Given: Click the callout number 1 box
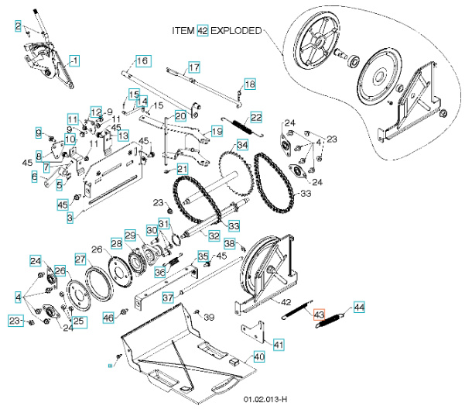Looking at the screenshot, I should tap(74, 60).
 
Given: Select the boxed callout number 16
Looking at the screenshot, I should tap(142, 60).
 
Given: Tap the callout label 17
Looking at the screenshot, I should tap(193, 67).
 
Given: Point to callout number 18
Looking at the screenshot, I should tap(249, 83).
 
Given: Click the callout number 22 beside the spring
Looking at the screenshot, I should tap(255, 117).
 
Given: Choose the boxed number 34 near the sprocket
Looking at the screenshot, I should tap(242, 145).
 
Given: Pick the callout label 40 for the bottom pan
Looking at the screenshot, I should tap(259, 357).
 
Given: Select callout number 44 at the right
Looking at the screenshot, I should tap(358, 308).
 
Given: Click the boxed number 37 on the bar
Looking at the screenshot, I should tap(167, 297).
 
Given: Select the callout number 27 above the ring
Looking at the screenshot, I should tap(80, 258).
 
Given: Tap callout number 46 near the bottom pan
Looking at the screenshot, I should tap(108, 318).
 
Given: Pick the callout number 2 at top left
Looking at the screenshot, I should tap(18, 26).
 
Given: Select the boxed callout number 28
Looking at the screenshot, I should tap(116, 244).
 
